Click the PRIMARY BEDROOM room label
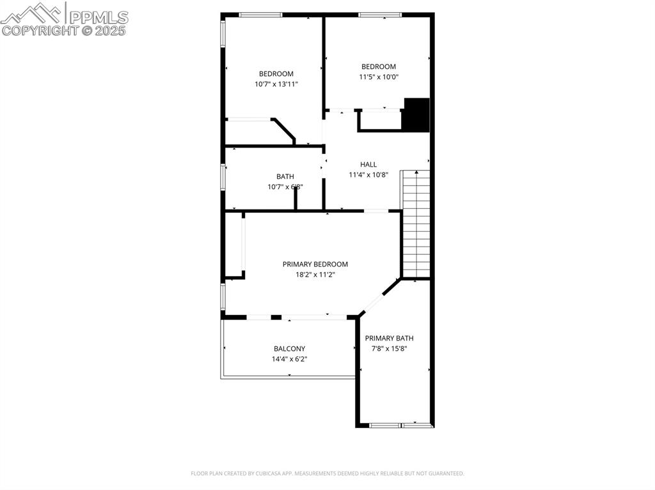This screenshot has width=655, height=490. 315,264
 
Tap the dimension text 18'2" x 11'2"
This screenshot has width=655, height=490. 315,275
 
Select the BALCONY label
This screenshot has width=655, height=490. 289,349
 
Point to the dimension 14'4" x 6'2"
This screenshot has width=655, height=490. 289,359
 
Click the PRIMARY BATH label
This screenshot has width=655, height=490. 389,339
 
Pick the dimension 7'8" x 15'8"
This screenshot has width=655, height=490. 389,349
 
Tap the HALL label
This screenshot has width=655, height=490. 368,165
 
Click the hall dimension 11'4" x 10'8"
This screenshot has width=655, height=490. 368,175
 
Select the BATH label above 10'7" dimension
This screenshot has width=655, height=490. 285,176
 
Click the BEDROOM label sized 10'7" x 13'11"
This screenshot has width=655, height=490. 276,73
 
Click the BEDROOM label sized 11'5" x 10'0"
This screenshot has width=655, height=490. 378,66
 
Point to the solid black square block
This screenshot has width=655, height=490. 416,115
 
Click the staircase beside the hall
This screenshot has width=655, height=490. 415,224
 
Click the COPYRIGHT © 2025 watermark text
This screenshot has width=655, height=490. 64,30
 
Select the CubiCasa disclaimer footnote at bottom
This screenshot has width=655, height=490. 327,473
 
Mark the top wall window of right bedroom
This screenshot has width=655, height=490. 379,15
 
